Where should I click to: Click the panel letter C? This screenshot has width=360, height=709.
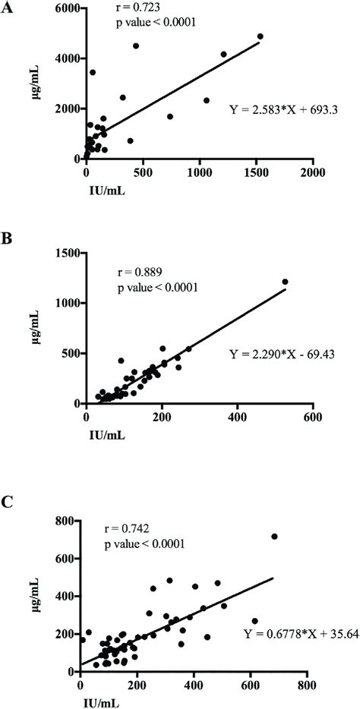8,502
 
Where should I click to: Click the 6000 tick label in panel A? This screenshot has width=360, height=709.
66,8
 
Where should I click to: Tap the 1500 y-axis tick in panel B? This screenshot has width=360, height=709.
66,254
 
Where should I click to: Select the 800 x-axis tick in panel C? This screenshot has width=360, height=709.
307,684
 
